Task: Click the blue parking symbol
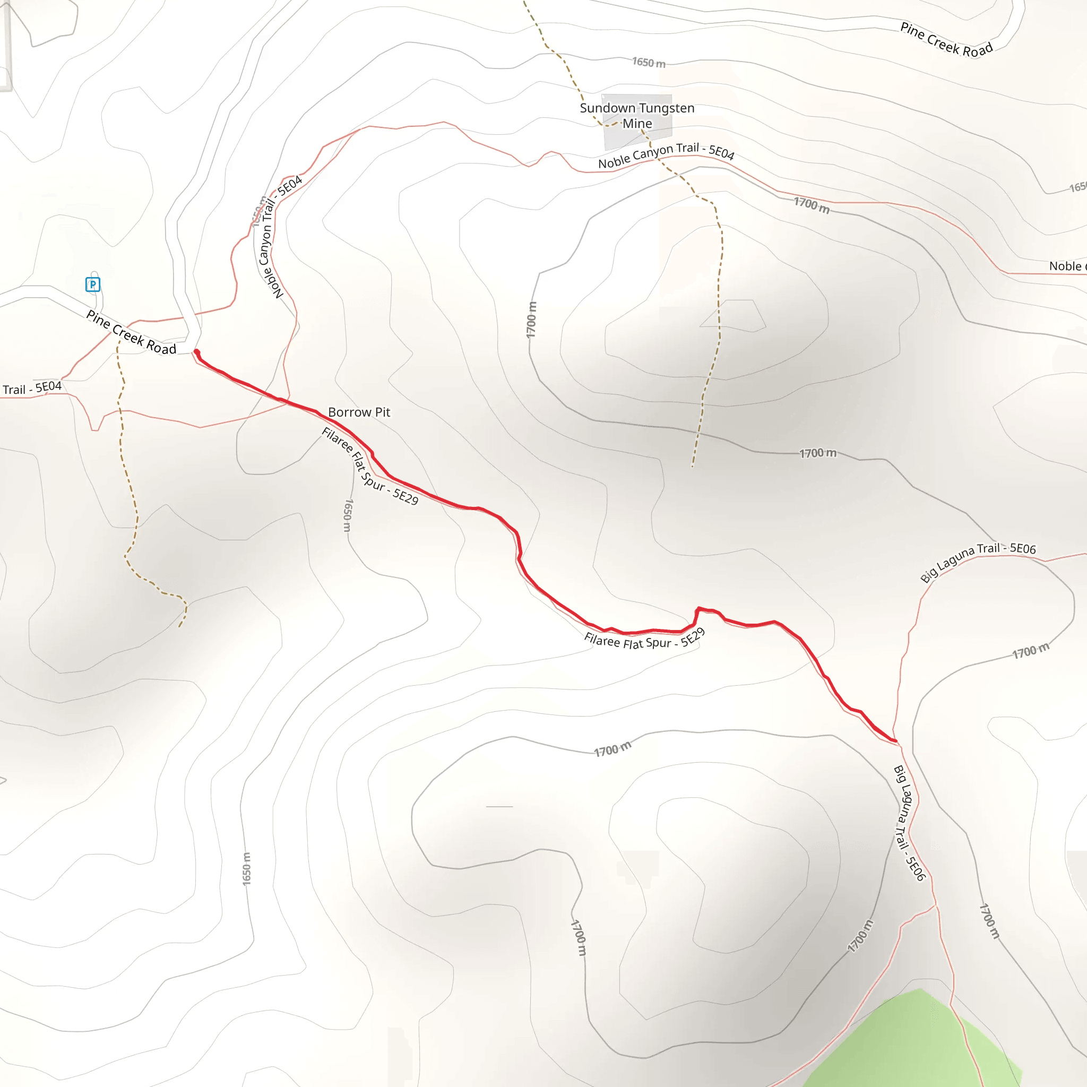tap(93, 284)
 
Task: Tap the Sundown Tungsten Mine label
tap(637, 115)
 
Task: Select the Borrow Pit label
tap(359, 412)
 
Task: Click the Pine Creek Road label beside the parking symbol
tap(131, 333)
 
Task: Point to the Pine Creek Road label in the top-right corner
tap(946, 40)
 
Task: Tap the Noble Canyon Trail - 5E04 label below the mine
tap(666, 156)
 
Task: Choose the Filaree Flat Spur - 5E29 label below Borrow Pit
tap(369, 466)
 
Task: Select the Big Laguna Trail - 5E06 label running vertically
tap(909, 823)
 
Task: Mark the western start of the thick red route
tap(196, 352)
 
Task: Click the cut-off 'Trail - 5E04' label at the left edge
tap(32, 387)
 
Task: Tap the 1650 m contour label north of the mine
tap(649, 63)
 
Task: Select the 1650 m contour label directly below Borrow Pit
tap(348, 515)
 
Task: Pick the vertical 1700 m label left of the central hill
tap(532, 320)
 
